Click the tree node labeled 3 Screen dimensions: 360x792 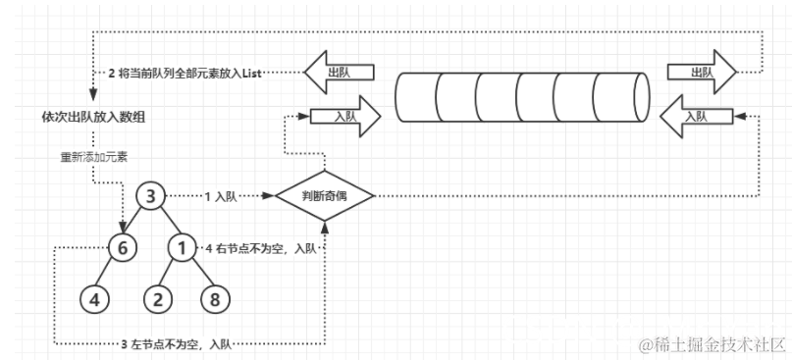click(148, 196)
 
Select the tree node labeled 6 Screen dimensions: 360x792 click(123, 249)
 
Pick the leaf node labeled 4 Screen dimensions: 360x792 click(92, 297)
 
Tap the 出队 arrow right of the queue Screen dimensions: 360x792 click(700, 73)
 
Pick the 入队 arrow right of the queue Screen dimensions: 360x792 click(693, 116)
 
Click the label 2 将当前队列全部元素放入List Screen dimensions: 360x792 click(187, 74)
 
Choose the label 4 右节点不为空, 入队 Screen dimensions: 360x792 click(261, 248)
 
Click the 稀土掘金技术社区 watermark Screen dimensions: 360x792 click(712, 344)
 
